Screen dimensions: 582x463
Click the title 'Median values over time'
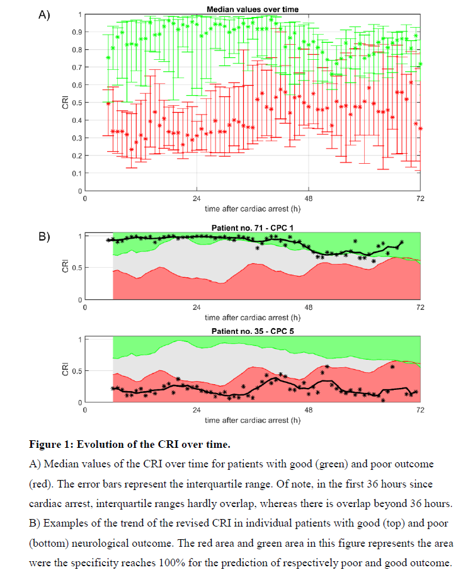(253, 9)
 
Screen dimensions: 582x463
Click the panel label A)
(44, 15)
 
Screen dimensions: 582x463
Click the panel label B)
(44, 237)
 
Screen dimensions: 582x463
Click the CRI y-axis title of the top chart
(65, 102)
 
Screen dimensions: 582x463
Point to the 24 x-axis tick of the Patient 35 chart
(197, 410)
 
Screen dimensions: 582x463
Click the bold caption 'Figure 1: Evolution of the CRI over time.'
(130, 445)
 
